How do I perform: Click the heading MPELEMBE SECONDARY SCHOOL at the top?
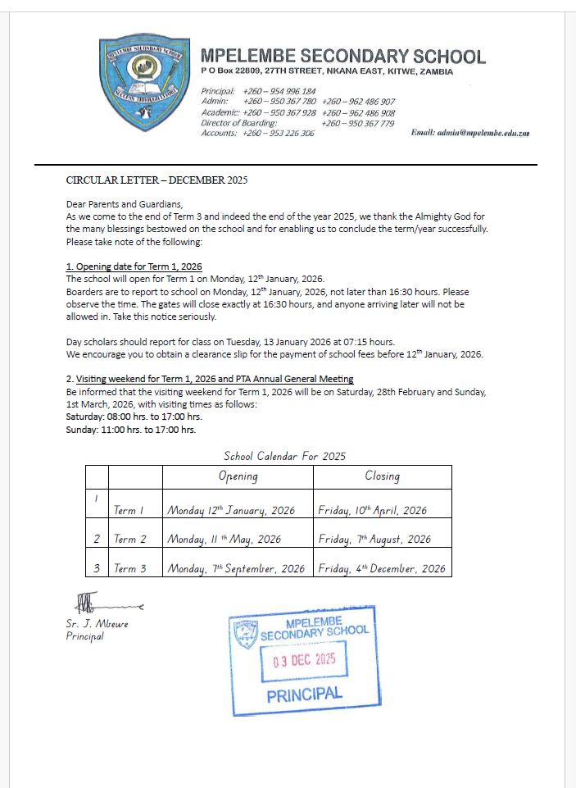(342, 57)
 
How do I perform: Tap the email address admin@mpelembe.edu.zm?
(469, 132)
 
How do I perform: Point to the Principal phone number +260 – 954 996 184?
(279, 91)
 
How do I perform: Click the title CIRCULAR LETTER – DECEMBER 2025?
(156, 180)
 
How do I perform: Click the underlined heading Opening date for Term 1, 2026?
(134, 266)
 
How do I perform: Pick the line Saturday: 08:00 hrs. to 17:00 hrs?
(134, 417)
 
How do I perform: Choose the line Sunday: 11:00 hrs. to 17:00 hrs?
(131, 430)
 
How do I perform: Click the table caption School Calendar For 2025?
(284, 456)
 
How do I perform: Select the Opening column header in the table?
(238, 476)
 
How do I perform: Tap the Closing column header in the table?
(382, 476)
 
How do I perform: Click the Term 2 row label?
(129, 540)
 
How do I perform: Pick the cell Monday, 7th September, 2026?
(236, 568)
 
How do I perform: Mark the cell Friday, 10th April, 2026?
(372, 510)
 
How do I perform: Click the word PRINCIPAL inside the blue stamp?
(304, 695)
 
